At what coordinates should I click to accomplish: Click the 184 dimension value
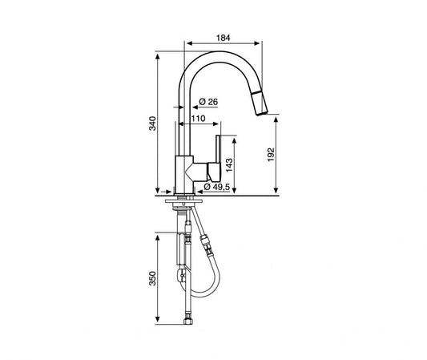pyautogui.click(x=223, y=38)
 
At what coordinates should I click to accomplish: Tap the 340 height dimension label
pyautogui.click(x=152, y=123)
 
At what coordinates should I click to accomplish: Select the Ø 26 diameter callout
pyautogui.click(x=208, y=102)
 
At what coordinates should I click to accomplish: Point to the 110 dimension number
pyautogui.click(x=198, y=119)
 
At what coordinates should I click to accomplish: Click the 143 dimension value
pyautogui.click(x=229, y=165)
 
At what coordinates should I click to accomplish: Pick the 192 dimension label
pyautogui.click(x=271, y=155)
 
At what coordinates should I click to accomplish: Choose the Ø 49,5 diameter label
pyautogui.click(x=217, y=187)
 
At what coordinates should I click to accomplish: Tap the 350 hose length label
pyautogui.click(x=152, y=278)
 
